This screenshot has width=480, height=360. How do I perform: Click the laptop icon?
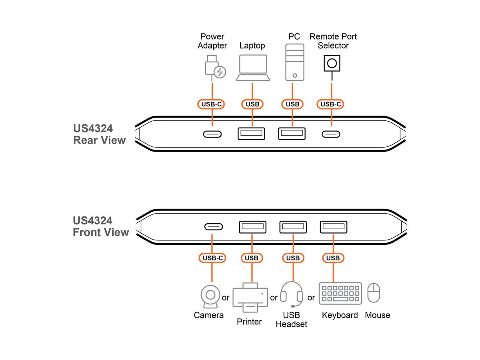252,68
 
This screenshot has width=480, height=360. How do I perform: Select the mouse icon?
374,293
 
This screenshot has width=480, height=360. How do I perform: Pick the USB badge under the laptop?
252,104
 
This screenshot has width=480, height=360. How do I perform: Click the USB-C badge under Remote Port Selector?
331,104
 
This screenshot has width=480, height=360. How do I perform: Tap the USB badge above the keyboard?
333,258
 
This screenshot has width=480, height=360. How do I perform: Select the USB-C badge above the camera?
212,258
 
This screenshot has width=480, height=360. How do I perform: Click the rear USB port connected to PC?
292,134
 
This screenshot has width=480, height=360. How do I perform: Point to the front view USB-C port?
214,227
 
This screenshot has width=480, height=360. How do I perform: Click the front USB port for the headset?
293,227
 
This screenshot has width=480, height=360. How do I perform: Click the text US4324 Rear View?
99,134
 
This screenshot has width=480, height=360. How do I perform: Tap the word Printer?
249,322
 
